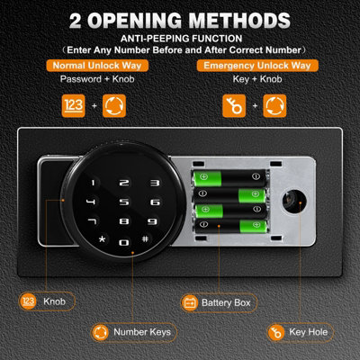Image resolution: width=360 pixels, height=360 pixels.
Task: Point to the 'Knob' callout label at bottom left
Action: (54, 303)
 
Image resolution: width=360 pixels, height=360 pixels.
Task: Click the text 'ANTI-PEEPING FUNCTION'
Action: (181, 39)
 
